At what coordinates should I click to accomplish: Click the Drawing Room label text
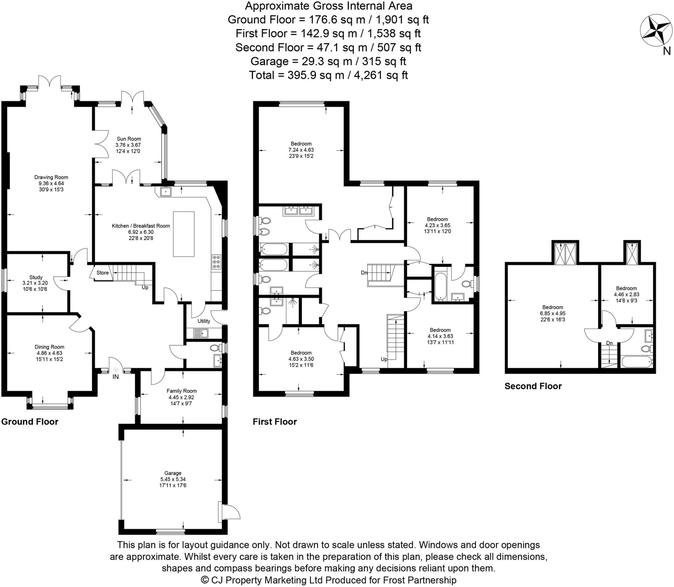coord(51,177)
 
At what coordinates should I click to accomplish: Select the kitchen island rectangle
coord(184,234)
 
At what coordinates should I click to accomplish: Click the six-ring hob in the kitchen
coord(216,262)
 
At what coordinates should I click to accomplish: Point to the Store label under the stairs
coord(102,273)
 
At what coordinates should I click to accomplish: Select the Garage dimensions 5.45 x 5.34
coord(173,479)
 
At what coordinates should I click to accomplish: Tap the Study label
coord(36,278)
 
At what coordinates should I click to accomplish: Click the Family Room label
coord(181,391)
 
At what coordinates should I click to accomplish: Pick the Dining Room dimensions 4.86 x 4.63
coord(49,353)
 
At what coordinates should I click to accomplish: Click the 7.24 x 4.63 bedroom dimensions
coord(301,150)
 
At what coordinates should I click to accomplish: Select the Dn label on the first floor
coord(364,273)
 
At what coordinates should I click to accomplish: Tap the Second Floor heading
coord(533,386)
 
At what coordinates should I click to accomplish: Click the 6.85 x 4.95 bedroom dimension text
coord(553,313)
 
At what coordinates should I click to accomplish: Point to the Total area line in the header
coord(328,75)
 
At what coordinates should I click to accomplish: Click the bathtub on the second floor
coord(636,362)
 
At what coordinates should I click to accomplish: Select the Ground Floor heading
coord(30,422)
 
